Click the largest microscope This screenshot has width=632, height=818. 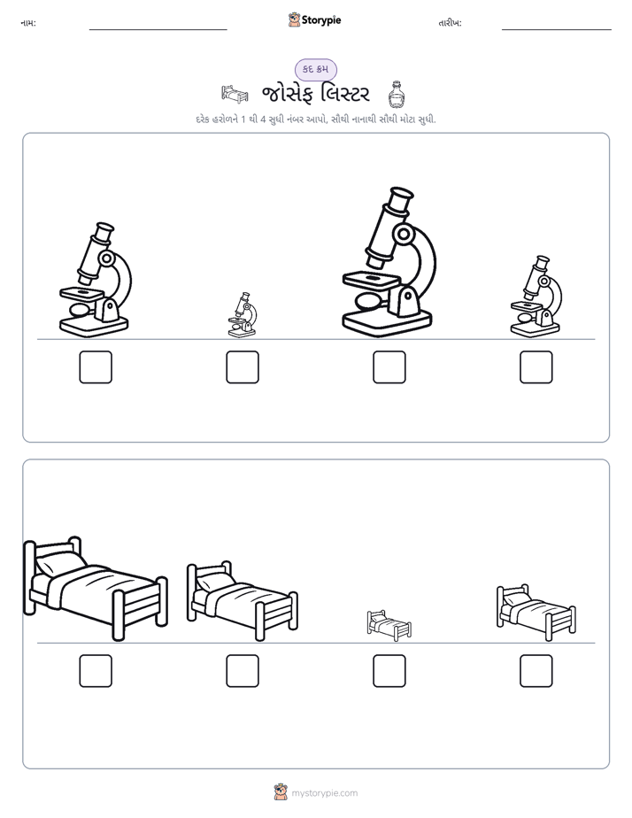click(x=388, y=261)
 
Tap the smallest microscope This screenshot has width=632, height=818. click(x=242, y=314)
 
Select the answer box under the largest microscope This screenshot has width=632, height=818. click(x=389, y=367)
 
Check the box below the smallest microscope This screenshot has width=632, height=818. click(x=243, y=367)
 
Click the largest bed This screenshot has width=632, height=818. click(x=96, y=589)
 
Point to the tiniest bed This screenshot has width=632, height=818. click(x=389, y=625)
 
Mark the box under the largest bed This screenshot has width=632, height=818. click(x=96, y=671)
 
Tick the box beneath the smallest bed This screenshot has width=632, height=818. click(x=389, y=671)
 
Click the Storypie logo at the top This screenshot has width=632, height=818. click(x=314, y=20)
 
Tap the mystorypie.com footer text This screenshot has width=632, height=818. click(x=324, y=793)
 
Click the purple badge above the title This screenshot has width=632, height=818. click(x=315, y=69)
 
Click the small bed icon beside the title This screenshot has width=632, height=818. click(x=235, y=94)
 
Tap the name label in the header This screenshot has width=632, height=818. click(x=28, y=23)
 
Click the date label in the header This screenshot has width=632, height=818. click(x=450, y=23)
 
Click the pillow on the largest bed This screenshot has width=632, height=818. click(x=60, y=563)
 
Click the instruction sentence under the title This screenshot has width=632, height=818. click(x=316, y=120)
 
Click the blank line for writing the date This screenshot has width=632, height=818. click(x=557, y=30)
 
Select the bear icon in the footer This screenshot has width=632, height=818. click(x=281, y=792)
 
